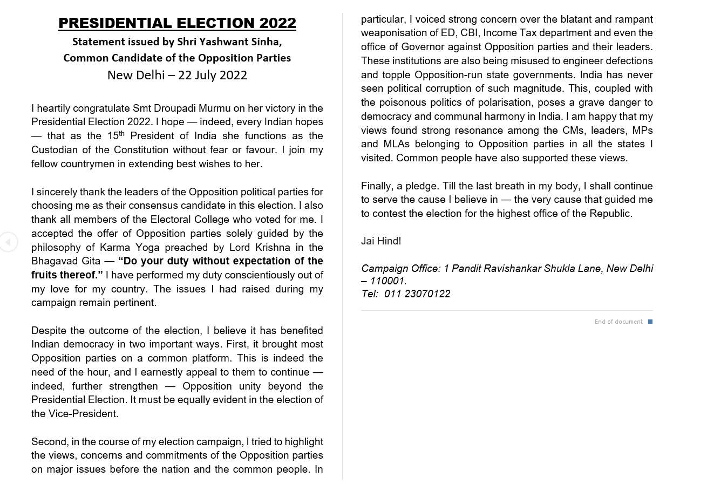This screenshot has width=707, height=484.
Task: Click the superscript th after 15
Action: tap(121, 133)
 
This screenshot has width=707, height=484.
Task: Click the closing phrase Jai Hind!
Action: tap(381, 241)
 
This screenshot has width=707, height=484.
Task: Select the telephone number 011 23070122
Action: tap(417, 294)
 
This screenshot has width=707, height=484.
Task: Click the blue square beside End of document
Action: tap(650, 322)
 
